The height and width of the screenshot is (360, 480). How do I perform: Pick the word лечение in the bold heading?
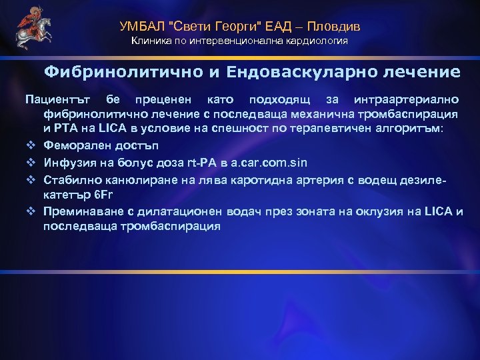pyautogui.click(x=419, y=71)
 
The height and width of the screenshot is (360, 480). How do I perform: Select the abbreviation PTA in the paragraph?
pyautogui.click(x=69, y=127)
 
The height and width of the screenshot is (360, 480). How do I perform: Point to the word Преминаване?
pyautogui.click(x=82, y=212)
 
